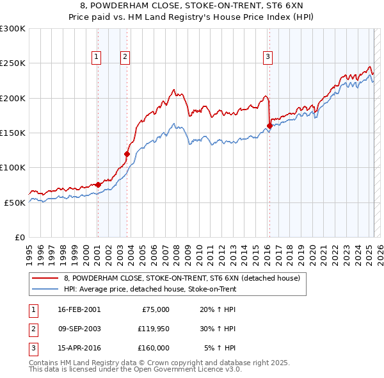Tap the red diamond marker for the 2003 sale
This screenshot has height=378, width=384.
127,154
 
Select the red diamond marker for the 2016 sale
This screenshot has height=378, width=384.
269,126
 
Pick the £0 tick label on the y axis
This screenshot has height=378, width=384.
19,237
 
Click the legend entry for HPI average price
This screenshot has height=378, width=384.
150,289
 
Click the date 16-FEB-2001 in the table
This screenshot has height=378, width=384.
79,309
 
